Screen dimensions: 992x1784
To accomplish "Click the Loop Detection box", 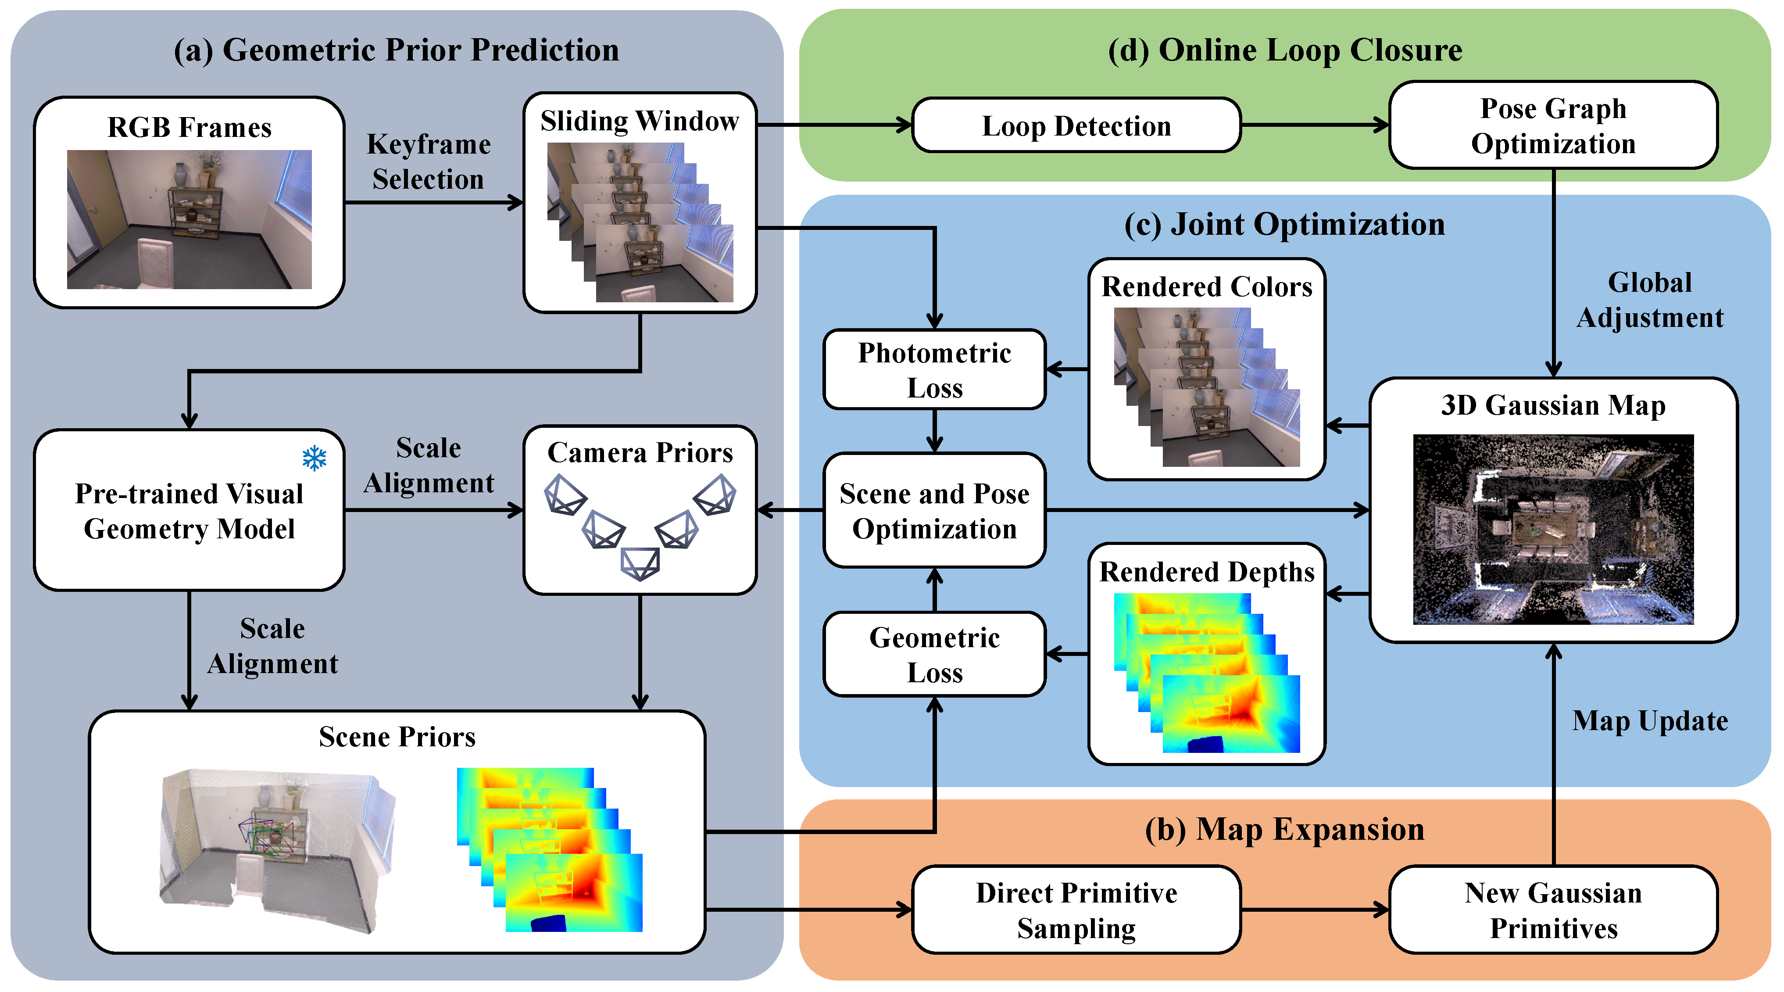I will (x=1076, y=125).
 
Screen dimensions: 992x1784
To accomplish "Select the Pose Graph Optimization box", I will (x=1553, y=125).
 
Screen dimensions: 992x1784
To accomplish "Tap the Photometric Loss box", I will (x=934, y=370).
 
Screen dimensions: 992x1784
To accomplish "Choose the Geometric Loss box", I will (x=934, y=655).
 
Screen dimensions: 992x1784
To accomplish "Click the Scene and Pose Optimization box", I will (x=934, y=511).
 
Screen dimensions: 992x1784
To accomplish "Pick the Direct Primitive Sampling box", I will (x=1076, y=910).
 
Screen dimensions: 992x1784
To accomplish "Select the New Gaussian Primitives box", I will (x=1553, y=910).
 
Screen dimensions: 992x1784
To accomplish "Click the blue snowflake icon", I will (x=315, y=458).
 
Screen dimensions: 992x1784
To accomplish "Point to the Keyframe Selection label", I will (x=428, y=161).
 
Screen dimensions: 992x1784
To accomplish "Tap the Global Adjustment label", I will (x=1650, y=300).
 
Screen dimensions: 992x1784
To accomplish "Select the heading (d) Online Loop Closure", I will (x=1285, y=50).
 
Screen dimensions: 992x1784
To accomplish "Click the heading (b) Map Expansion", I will (x=1285, y=829).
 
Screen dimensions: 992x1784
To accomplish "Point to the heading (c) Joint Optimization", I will (x=1285, y=225).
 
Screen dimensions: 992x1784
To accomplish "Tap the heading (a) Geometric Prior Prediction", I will (x=396, y=50).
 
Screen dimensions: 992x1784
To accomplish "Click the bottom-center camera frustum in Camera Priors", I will (x=640, y=562).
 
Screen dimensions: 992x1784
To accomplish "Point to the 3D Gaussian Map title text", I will (x=1553, y=405).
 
